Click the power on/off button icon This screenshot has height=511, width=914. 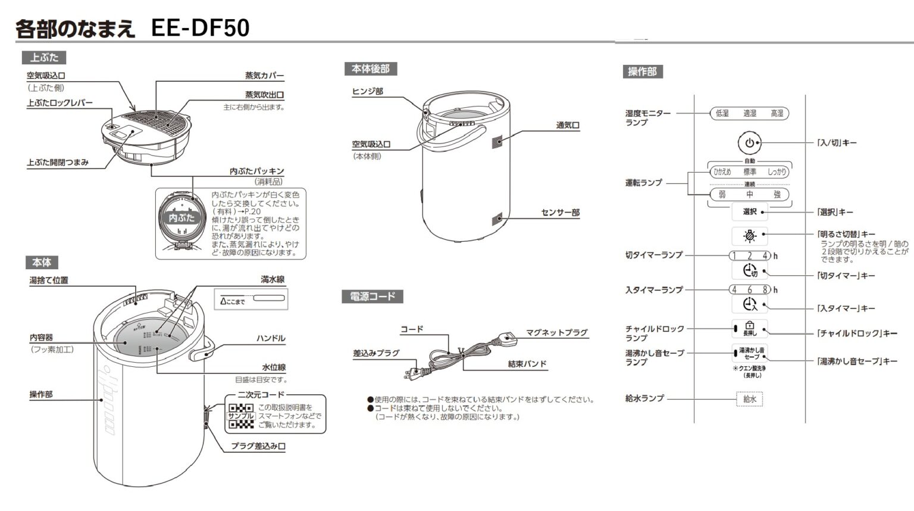[749, 143]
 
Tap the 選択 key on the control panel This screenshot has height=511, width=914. [749, 211]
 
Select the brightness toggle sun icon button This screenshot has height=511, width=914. [749, 236]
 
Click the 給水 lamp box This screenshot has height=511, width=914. [749, 399]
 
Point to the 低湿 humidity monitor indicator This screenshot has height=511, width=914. [722, 113]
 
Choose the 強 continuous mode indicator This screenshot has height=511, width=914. [777, 195]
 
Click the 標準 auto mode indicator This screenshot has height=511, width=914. [749, 172]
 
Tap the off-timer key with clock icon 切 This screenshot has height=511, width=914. [749, 271]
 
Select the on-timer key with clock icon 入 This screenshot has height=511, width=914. [749, 304]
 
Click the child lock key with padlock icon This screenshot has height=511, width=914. [749, 329]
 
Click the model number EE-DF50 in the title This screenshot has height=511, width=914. [200, 28]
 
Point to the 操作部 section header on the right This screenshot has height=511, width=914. [642, 71]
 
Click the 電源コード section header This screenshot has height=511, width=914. [372, 297]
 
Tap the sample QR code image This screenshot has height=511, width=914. [241, 416]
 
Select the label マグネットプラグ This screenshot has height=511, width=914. [556, 332]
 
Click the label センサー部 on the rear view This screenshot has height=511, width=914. [560, 213]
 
